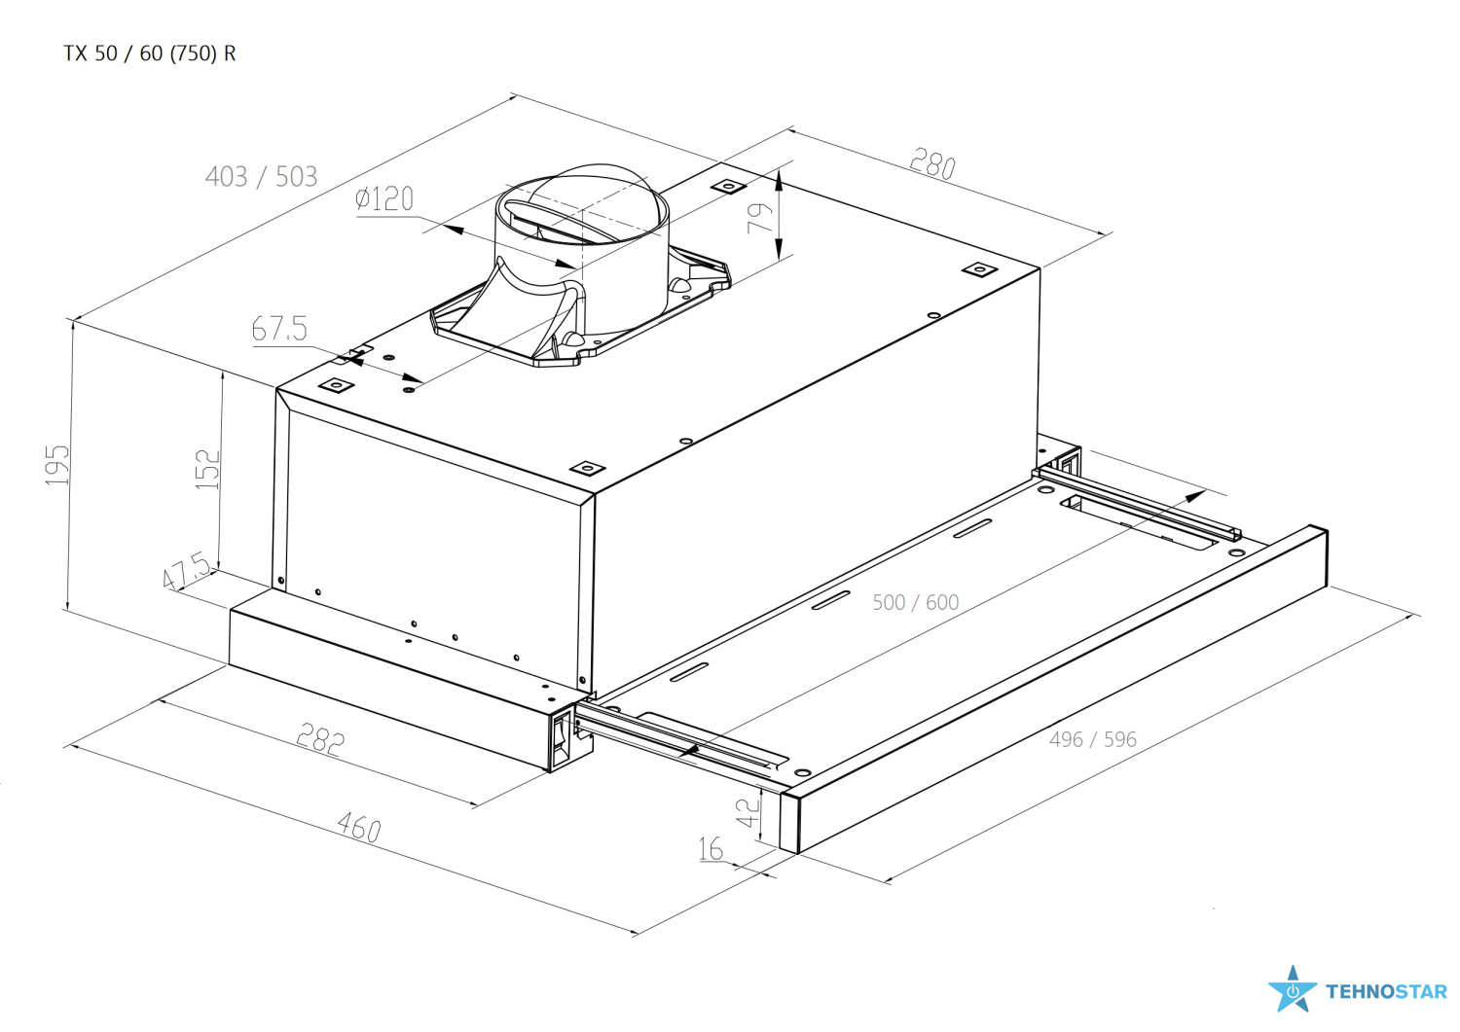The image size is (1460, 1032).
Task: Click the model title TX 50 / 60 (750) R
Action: pos(149,53)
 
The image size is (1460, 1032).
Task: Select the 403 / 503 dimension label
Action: pos(262,177)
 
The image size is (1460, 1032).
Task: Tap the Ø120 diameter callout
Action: pos(384,198)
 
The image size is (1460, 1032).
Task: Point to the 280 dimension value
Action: pos(932,163)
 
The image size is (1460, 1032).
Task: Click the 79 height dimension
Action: pos(760,218)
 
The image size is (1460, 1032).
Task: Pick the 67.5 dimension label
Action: pos(279,329)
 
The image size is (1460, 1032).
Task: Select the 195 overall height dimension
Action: pos(57,465)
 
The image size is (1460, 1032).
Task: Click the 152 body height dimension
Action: pos(208,469)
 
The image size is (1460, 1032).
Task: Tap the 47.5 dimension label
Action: pos(187,571)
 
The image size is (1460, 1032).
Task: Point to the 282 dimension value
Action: pos(320,740)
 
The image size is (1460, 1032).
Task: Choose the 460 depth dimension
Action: pos(359,828)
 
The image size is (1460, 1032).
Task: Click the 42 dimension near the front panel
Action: pos(748,812)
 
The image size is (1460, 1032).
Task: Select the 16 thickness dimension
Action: pos(712,849)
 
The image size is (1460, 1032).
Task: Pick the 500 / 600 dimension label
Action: pos(916,603)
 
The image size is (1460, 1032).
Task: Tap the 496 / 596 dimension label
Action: pos(1093,739)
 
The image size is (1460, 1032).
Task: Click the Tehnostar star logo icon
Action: pos(1293,989)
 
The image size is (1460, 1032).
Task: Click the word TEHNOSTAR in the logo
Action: pos(1387,991)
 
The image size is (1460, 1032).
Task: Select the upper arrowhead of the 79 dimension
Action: pos(778,181)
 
